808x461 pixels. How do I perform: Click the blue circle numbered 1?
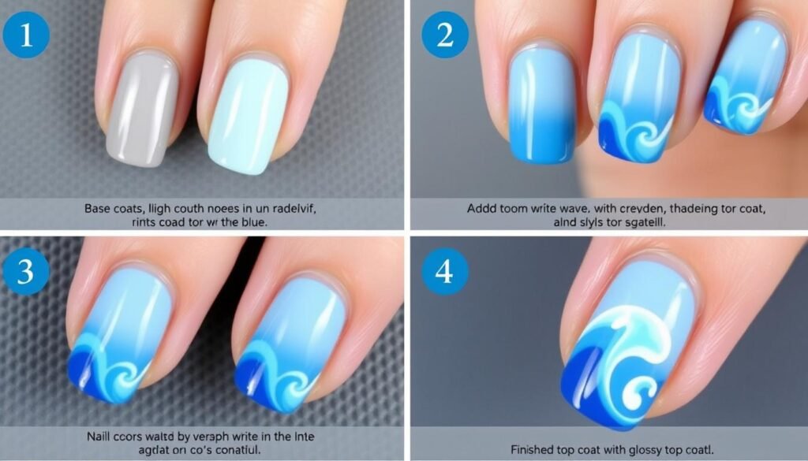click(x=27, y=35)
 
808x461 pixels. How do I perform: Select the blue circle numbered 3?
click(x=26, y=273)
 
